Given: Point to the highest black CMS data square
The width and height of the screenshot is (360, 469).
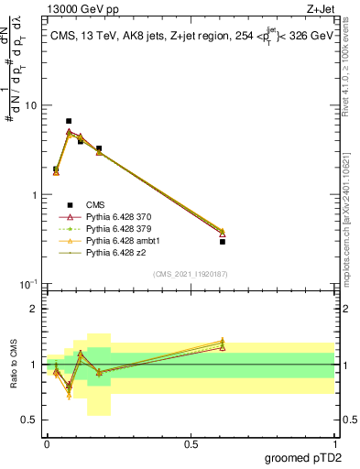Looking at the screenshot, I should tap(69, 121).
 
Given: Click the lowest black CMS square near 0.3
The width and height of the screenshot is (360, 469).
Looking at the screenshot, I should tap(222, 242).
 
